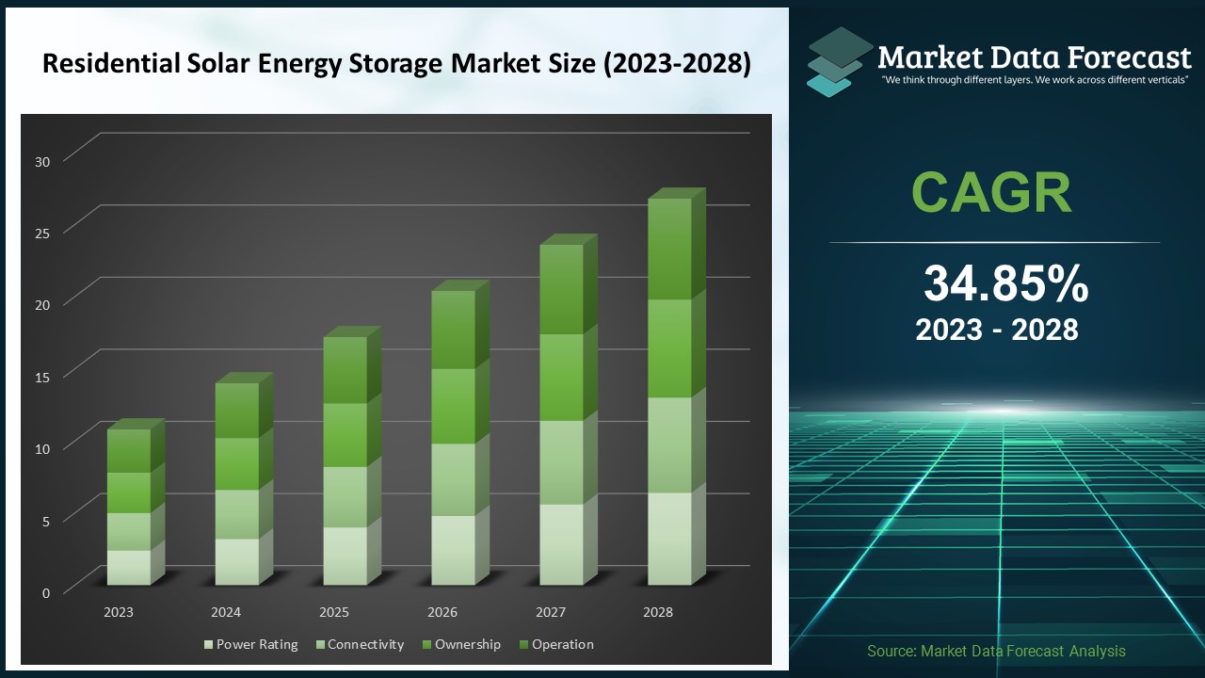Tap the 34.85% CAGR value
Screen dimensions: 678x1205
(1005, 283)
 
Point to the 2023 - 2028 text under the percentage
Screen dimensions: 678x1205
(996, 330)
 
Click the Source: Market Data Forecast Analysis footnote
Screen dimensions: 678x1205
(996, 651)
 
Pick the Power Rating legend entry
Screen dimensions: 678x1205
(250, 645)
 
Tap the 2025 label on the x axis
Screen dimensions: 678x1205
(334, 612)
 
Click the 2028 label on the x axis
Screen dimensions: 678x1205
(658, 612)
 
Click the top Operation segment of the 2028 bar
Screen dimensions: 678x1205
(669, 249)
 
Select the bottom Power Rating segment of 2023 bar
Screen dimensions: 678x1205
(128, 567)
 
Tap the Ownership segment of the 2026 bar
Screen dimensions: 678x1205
(453, 406)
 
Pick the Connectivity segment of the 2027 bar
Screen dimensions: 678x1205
(561, 461)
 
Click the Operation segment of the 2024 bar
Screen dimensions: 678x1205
(236, 411)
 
